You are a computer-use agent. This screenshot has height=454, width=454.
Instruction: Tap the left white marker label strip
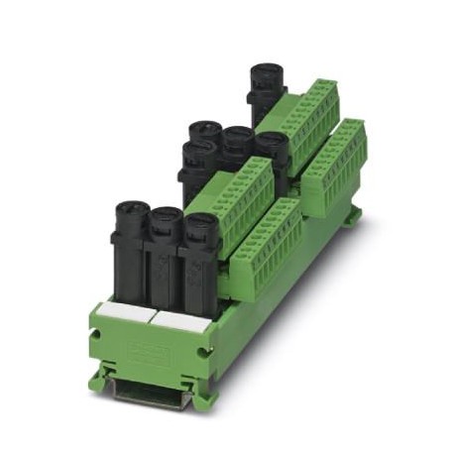123,312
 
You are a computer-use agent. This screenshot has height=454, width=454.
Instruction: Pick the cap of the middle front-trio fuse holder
165,219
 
